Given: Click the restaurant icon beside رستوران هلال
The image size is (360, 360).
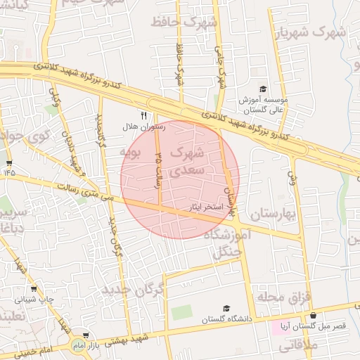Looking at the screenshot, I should [x=143, y=116].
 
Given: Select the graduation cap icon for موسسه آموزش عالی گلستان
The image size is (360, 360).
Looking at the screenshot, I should [x=263, y=89].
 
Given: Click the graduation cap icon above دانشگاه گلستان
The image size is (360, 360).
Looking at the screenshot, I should [x=226, y=309].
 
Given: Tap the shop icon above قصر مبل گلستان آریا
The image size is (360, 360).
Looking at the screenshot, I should [x=313, y=316].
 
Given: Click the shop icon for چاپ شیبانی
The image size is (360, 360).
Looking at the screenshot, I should [x=34, y=288].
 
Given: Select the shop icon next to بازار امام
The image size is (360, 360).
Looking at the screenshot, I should [x=86, y=336].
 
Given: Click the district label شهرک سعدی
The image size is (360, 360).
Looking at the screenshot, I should [x=190, y=161].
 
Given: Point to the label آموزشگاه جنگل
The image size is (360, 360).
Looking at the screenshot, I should [x=223, y=243].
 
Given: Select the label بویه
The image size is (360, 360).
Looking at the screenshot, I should [x=131, y=151].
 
